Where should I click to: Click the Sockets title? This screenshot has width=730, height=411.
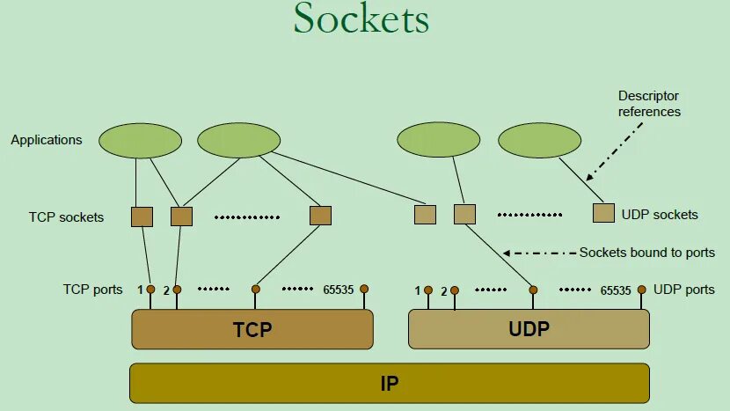tap(361, 19)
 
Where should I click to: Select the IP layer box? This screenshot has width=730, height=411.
tap(389, 384)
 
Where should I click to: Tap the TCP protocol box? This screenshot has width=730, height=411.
tap(252, 330)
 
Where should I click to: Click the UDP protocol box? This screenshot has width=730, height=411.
tap(529, 329)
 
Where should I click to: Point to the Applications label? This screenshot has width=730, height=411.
tap(47, 140)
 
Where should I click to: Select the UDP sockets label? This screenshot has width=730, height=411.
tap(660, 215)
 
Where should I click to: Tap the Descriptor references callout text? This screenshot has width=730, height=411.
tap(649, 104)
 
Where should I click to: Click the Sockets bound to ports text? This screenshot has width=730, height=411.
tap(647, 253)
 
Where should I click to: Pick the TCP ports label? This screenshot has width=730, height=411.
tap(92, 289)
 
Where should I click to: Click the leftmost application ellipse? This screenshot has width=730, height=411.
tap(141, 141)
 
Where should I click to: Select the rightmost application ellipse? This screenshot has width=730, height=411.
tap(540, 141)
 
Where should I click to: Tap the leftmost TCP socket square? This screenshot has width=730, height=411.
tap(142, 217)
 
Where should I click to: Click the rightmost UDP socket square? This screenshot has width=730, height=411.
tap(603, 213)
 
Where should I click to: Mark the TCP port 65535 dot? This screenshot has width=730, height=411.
tap(364, 289)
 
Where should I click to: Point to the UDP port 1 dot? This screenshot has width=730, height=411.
tap(428, 290)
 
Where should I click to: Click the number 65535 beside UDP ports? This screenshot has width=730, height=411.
tap(616, 290)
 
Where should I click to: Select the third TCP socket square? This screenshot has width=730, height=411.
tap(320, 216)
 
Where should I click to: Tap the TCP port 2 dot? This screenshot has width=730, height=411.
tap(177, 289)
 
